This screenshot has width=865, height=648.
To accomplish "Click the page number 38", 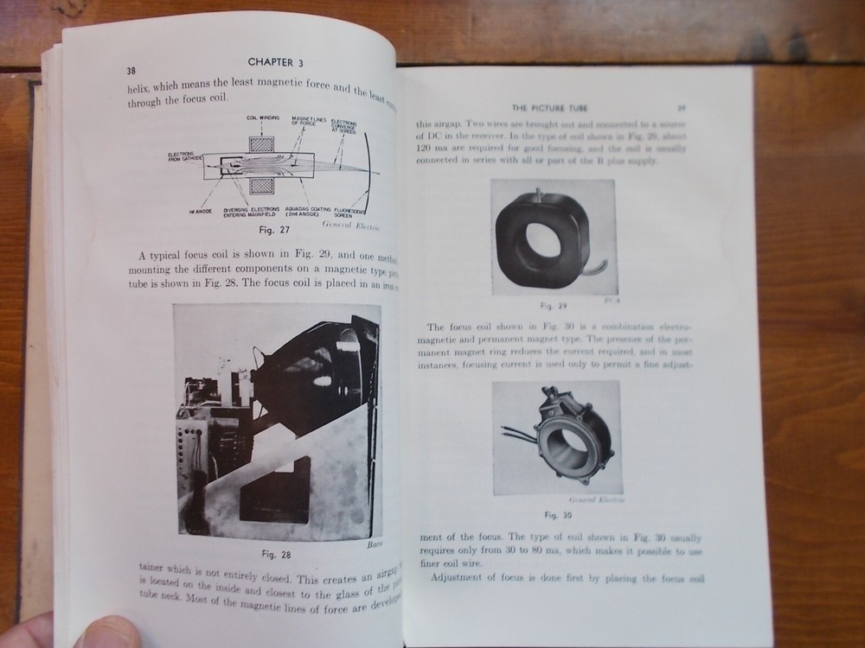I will (131, 70).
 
